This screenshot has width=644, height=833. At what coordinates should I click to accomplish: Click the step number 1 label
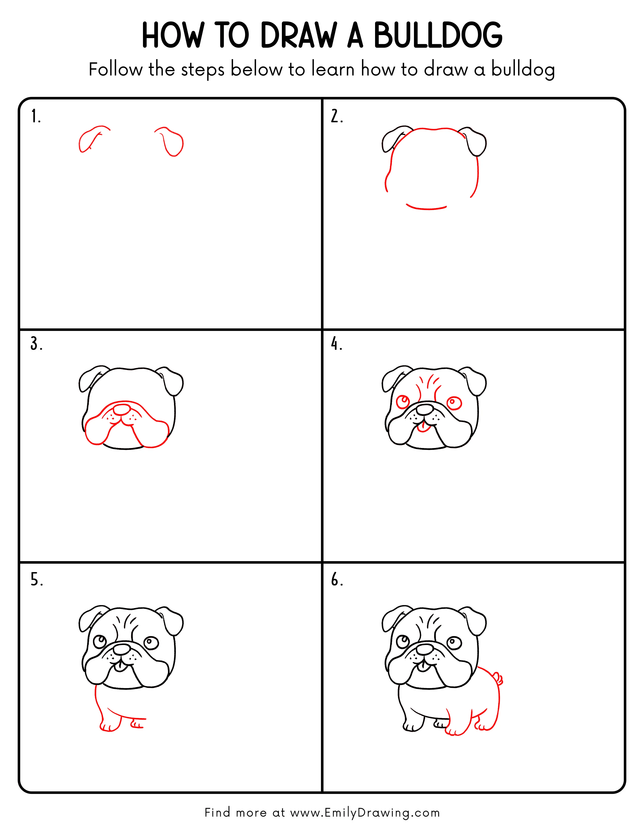(35, 116)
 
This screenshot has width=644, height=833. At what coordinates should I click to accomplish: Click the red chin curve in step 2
(426, 208)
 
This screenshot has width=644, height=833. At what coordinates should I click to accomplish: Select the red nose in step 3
(122, 410)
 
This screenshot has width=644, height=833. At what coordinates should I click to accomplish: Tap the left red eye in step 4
(403, 401)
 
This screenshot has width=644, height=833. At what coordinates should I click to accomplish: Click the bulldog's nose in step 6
(424, 649)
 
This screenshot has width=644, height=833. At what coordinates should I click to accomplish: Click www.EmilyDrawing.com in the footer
(364, 813)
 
